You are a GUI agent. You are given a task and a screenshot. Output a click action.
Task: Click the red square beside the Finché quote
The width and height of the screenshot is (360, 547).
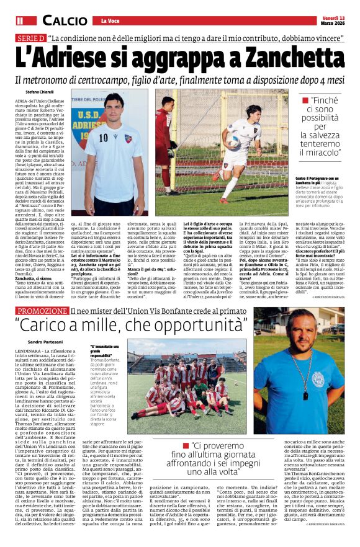click(305, 100)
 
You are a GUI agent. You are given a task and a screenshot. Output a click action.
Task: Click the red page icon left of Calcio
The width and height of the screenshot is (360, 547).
click(20, 20)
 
